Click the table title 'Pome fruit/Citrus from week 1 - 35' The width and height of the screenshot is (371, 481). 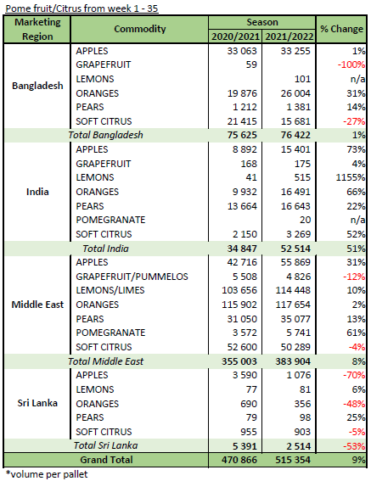(x=82, y=8)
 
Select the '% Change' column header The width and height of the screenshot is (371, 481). (x=341, y=29)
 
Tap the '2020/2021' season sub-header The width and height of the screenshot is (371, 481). (x=235, y=36)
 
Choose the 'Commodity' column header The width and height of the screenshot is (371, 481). (x=140, y=29)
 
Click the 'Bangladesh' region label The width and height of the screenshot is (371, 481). (x=37, y=86)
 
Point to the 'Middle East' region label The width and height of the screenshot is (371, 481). (x=37, y=305)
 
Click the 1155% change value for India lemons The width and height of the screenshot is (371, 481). (x=351, y=177)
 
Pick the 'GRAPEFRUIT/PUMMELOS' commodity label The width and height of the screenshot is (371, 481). (x=132, y=277)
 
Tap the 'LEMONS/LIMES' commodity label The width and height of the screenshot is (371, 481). (x=110, y=290)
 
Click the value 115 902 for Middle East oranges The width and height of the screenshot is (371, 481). (x=239, y=305)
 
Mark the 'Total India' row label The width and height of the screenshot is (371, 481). (x=105, y=249)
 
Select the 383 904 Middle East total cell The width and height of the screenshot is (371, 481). (x=293, y=361)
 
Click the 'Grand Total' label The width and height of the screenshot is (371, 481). (x=106, y=460)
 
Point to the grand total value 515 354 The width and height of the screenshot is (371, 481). (x=293, y=460)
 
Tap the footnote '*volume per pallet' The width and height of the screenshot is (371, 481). (x=47, y=474)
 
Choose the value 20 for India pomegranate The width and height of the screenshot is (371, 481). (x=306, y=220)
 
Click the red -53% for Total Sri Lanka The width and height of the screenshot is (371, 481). (x=354, y=446)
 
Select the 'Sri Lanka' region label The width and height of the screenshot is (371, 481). (x=37, y=403)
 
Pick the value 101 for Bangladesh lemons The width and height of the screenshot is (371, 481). (x=302, y=79)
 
